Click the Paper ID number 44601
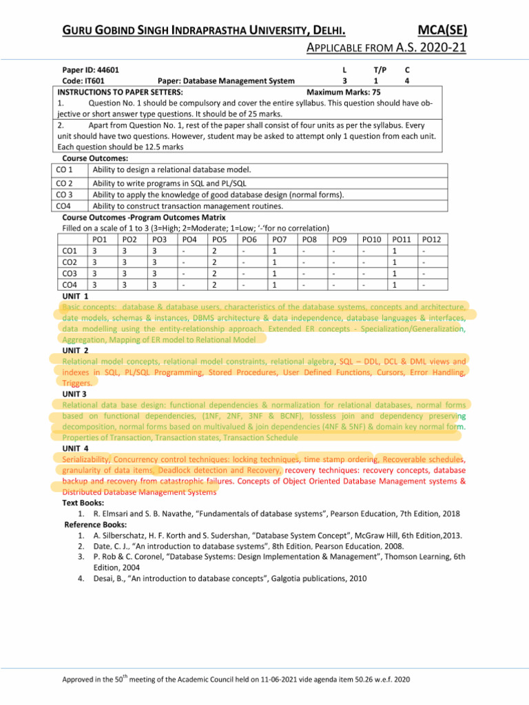click(105, 70)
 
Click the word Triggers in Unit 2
click(76, 382)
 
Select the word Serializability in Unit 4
click(85, 459)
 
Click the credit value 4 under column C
click(407, 81)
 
